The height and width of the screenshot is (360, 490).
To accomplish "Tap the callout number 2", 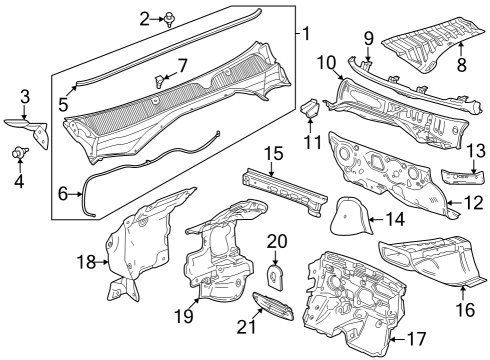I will tap(144, 17).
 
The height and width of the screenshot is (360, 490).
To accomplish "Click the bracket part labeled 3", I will tap(34, 126).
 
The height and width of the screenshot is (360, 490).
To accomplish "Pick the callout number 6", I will tap(63, 193).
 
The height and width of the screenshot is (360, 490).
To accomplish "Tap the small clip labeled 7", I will tap(158, 77).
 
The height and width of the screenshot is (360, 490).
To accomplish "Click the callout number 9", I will tap(368, 38).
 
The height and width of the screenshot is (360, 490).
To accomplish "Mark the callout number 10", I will tap(325, 62).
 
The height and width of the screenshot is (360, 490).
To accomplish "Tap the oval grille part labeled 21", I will tap(270, 306).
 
